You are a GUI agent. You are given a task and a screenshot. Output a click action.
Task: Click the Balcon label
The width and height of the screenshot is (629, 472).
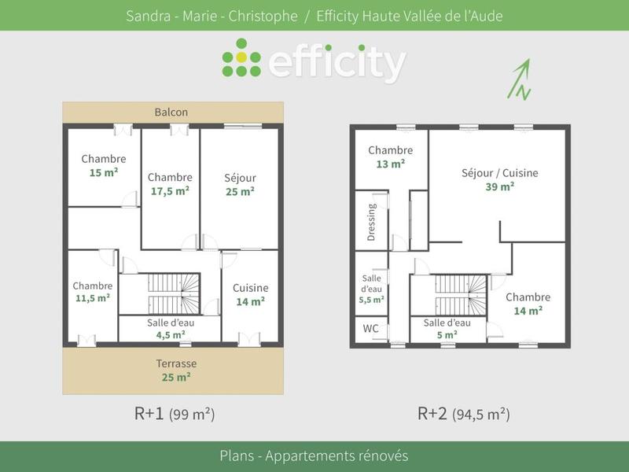coord(171,112)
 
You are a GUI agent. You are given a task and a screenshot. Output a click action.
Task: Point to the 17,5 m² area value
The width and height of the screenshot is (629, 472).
coord(170,191)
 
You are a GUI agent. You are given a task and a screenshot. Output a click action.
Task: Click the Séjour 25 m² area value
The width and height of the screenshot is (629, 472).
coord(240,191)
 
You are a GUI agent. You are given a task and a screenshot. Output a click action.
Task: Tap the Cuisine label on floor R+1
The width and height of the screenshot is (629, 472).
coord(250,288)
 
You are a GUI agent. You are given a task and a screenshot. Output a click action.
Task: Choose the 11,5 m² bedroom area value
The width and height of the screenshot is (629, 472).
coord(93,298)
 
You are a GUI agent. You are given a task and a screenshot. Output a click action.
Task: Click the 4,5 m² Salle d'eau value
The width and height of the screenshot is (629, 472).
coord(171,334)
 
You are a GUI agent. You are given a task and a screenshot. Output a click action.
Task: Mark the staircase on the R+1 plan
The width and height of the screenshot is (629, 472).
coord(171,294)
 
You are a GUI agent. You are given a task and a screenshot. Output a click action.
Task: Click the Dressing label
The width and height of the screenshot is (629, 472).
coord(372,221)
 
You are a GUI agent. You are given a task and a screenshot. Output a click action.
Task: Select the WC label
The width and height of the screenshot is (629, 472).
coord(370,328)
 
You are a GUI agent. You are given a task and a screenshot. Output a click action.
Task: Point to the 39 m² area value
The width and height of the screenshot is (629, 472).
coord(499,186)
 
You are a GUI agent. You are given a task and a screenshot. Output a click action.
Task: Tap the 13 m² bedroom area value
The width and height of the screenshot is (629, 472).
coord(390,164)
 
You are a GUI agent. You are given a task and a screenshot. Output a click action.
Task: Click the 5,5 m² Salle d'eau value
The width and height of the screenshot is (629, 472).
coord(372,300)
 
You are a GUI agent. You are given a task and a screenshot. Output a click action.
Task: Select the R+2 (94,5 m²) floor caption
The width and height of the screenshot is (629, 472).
coord(463,413)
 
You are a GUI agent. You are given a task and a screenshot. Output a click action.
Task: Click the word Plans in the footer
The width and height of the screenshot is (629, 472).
coord(238,456)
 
